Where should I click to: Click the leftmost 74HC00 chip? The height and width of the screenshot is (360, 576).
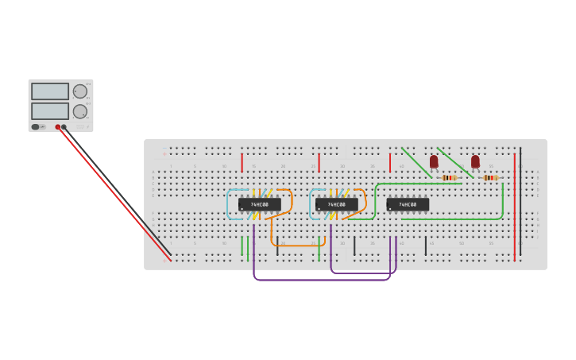tap(260, 204)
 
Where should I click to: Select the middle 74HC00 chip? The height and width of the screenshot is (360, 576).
tap(337, 204)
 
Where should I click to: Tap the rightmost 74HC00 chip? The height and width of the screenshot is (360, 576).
tap(408, 204)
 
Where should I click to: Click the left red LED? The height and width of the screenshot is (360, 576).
tap(434, 161)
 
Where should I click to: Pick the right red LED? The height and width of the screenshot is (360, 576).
tap(475, 161)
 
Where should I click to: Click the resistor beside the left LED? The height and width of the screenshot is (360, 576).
tap(449, 178)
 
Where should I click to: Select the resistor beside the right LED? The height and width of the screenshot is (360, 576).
tap(490, 178)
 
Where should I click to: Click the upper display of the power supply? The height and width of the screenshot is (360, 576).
tap(50, 91)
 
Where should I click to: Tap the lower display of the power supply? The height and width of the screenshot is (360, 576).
tap(50, 110)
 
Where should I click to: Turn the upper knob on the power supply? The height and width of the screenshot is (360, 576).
tap(80, 91)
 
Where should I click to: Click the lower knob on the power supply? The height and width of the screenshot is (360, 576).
tap(80, 111)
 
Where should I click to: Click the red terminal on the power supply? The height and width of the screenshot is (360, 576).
tap(58, 127)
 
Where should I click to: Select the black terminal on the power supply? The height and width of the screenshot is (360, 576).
tap(64, 127)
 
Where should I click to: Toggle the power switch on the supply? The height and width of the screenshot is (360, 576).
tap(36, 127)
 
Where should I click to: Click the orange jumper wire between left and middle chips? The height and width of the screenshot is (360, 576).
tap(298, 245)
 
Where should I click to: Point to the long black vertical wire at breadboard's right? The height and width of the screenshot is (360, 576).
tap(520, 199)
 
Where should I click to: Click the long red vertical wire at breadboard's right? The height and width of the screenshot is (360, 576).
tap(514, 207)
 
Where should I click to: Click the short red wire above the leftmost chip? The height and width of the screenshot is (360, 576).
tap(242, 163)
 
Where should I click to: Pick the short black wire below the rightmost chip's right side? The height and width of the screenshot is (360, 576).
tap(425, 246)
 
